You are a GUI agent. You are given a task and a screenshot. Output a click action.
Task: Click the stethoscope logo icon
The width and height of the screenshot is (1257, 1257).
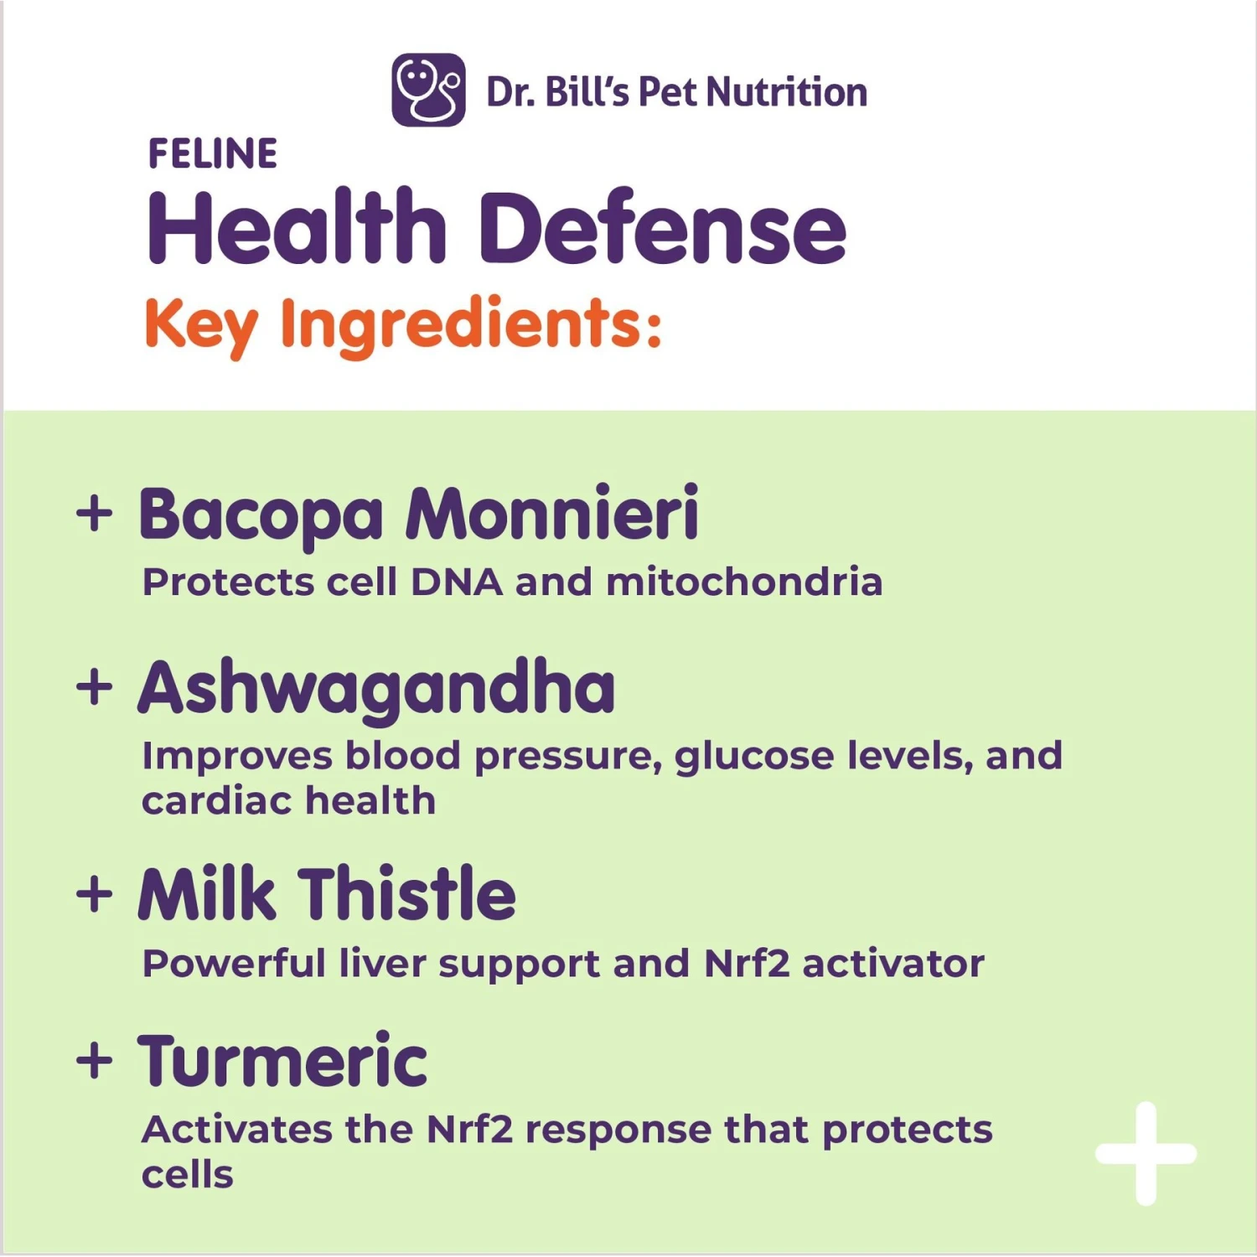click(428, 90)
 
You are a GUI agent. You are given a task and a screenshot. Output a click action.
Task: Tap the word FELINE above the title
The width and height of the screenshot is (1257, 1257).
click(212, 154)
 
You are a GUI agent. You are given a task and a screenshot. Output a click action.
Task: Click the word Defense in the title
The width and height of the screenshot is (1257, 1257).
click(663, 229)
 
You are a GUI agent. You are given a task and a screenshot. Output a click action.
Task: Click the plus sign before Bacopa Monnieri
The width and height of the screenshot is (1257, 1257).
click(94, 513)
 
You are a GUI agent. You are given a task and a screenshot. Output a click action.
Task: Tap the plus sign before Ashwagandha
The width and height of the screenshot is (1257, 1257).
click(94, 689)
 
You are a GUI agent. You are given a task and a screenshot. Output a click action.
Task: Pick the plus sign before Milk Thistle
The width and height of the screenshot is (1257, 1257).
click(94, 894)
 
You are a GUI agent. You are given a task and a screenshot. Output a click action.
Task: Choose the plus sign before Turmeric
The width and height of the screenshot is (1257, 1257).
click(94, 1061)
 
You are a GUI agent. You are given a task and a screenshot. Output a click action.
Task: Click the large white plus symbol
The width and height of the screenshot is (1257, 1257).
click(1146, 1154)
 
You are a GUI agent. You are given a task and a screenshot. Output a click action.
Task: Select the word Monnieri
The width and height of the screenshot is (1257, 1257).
click(552, 513)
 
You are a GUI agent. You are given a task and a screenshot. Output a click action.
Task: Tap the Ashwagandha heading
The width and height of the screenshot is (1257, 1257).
click(376, 689)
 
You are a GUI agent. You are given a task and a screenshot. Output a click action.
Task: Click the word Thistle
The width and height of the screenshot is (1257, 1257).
click(407, 894)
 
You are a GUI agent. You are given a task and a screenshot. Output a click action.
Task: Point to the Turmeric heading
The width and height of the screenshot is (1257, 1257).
click(283, 1061)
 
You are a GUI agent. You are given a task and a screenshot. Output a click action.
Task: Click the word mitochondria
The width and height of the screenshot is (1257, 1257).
click(744, 582)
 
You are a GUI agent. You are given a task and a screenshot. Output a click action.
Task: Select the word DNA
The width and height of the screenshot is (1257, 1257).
click(457, 582)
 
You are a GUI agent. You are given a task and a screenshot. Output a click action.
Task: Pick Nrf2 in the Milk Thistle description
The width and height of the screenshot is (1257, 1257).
click(747, 964)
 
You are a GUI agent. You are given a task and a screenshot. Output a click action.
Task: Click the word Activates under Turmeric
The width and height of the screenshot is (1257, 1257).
click(237, 1130)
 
